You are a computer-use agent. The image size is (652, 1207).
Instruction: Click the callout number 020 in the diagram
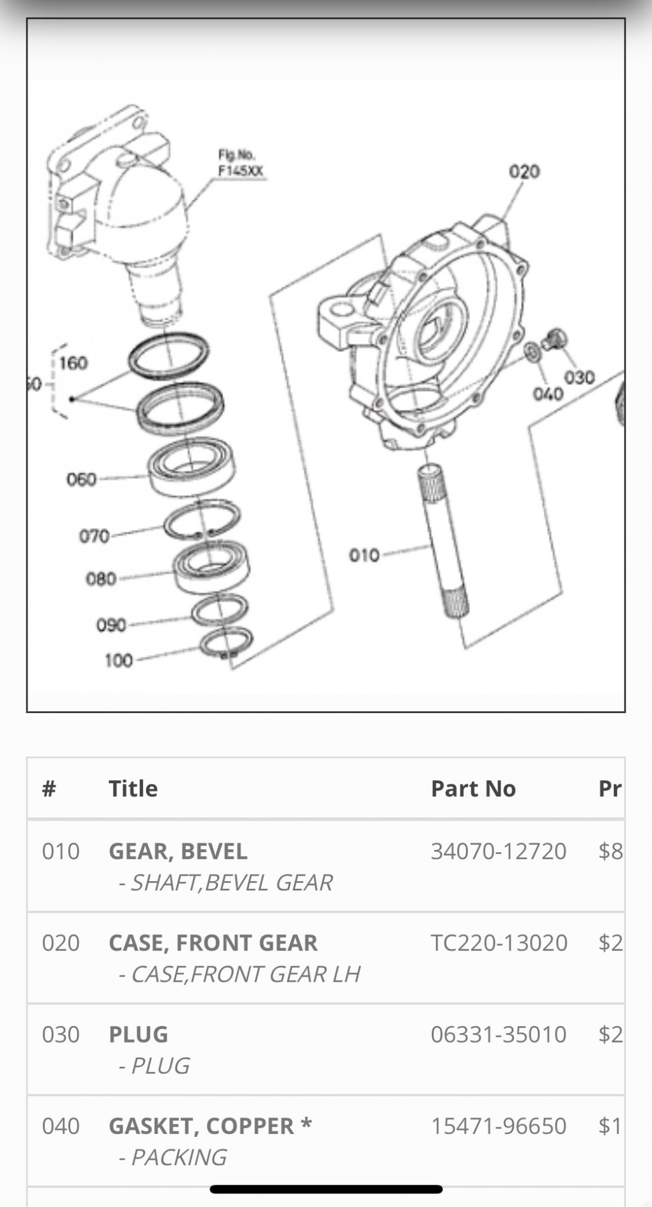(524, 172)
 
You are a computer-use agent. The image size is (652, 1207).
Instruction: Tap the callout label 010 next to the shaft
(364, 555)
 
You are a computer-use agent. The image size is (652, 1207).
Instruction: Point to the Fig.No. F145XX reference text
(241, 163)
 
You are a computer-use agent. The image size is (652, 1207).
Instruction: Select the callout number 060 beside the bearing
(81, 479)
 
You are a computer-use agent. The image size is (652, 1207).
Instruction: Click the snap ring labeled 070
(201, 520)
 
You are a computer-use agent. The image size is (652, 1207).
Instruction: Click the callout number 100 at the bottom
(118, 661)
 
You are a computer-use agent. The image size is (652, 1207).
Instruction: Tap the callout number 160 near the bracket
(73, 362)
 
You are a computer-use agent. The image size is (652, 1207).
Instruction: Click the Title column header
(133, 789)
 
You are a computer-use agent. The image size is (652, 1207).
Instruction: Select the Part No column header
(473, 789)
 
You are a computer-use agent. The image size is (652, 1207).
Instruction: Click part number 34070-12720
(498, 851)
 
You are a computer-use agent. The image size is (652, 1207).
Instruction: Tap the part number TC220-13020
(499, 943)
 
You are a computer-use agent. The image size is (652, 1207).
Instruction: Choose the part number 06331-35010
(498, 1034)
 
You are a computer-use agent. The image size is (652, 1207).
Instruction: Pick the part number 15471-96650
(498, 1126)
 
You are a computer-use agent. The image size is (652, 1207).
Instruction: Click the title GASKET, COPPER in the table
(201, 1126)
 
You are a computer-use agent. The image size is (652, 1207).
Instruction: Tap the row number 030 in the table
(61, 1034)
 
